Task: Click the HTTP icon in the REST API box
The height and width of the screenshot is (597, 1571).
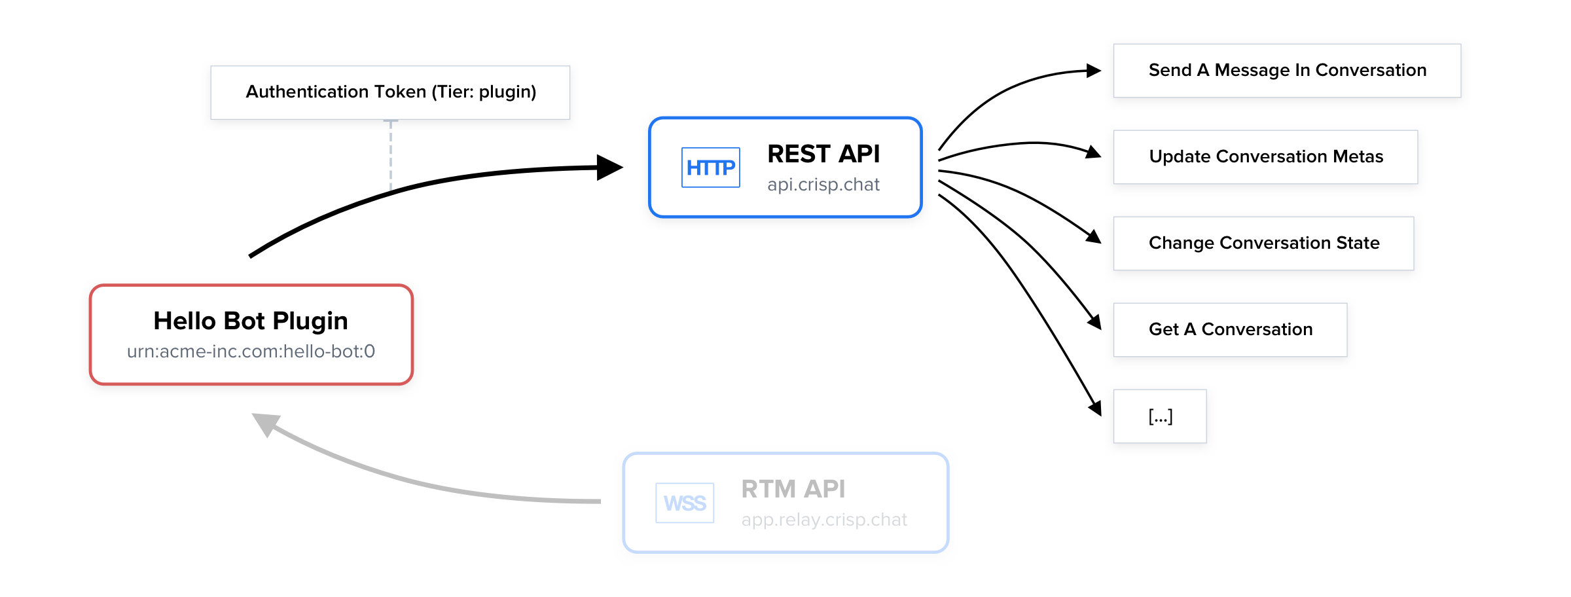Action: [710, 168]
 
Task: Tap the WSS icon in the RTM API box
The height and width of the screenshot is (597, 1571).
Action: [685, 503]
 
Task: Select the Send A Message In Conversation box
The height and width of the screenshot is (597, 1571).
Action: [1287, 71]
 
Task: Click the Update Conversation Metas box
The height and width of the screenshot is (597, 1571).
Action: [1265, 157]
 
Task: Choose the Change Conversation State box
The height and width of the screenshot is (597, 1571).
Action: [1263, 244]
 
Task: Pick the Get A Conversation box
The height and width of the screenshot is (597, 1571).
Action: [1230, 330]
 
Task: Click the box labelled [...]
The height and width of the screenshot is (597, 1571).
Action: [1160, 416]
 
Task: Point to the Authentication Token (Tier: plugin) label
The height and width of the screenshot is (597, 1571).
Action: [391, 92]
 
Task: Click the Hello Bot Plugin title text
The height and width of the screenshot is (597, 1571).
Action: [251, 321]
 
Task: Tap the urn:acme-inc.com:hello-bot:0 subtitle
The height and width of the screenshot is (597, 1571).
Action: [251, 352]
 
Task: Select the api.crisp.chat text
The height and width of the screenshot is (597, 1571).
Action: [823, 185]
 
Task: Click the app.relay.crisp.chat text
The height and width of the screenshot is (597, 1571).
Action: [824, 520]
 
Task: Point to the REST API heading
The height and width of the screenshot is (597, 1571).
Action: [823, 154]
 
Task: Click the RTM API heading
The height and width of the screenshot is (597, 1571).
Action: [793, 489]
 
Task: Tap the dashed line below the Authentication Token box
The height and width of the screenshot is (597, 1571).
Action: [391, 154]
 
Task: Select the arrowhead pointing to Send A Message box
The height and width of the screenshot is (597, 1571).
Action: [1094, 71]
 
